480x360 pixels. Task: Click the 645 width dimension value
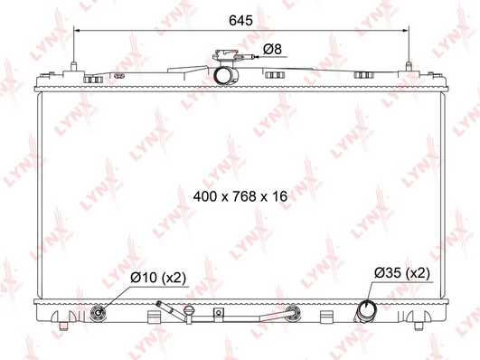[240, 18]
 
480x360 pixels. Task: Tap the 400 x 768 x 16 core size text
[240, 194]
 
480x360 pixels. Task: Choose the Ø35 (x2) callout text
[402, 272]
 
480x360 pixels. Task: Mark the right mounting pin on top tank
[409, 65]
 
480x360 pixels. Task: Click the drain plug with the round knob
[189, 313]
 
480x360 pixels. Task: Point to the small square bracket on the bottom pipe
[218, 316]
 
